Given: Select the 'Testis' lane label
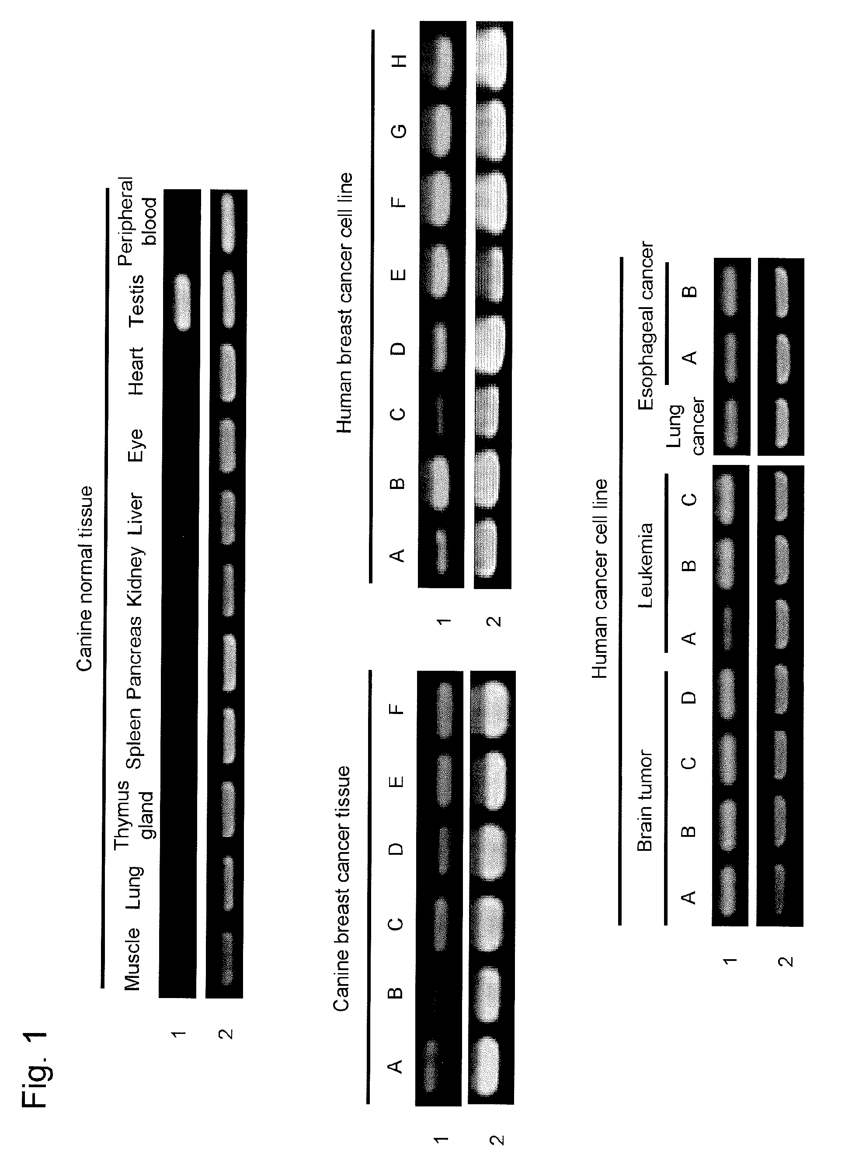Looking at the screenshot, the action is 137,302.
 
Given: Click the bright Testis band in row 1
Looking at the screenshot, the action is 182,302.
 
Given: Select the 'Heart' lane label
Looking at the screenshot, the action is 137,371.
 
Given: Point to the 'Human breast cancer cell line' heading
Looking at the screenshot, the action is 344,303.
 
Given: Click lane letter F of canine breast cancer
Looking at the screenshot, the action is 396,709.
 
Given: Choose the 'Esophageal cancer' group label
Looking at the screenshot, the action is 646,326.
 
